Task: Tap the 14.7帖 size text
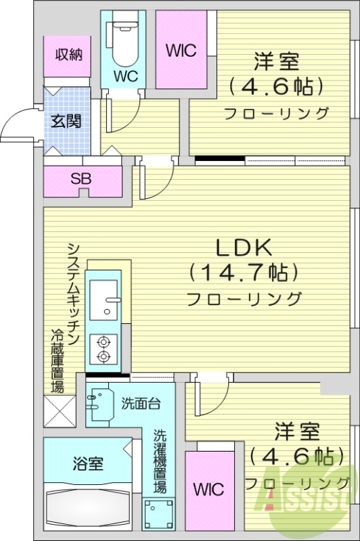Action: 244,273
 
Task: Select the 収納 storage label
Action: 69,55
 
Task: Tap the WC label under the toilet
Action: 126,76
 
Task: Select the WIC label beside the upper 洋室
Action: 180,49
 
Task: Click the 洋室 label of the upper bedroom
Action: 276,62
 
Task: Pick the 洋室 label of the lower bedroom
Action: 297,430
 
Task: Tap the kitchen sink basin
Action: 104,298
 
